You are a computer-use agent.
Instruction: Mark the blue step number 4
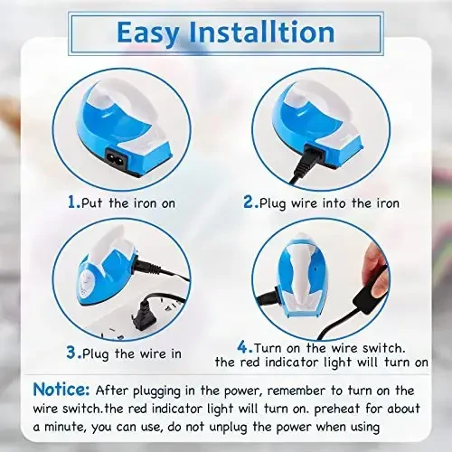pos(242,345)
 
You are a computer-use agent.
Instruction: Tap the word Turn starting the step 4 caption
pos(270,347)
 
